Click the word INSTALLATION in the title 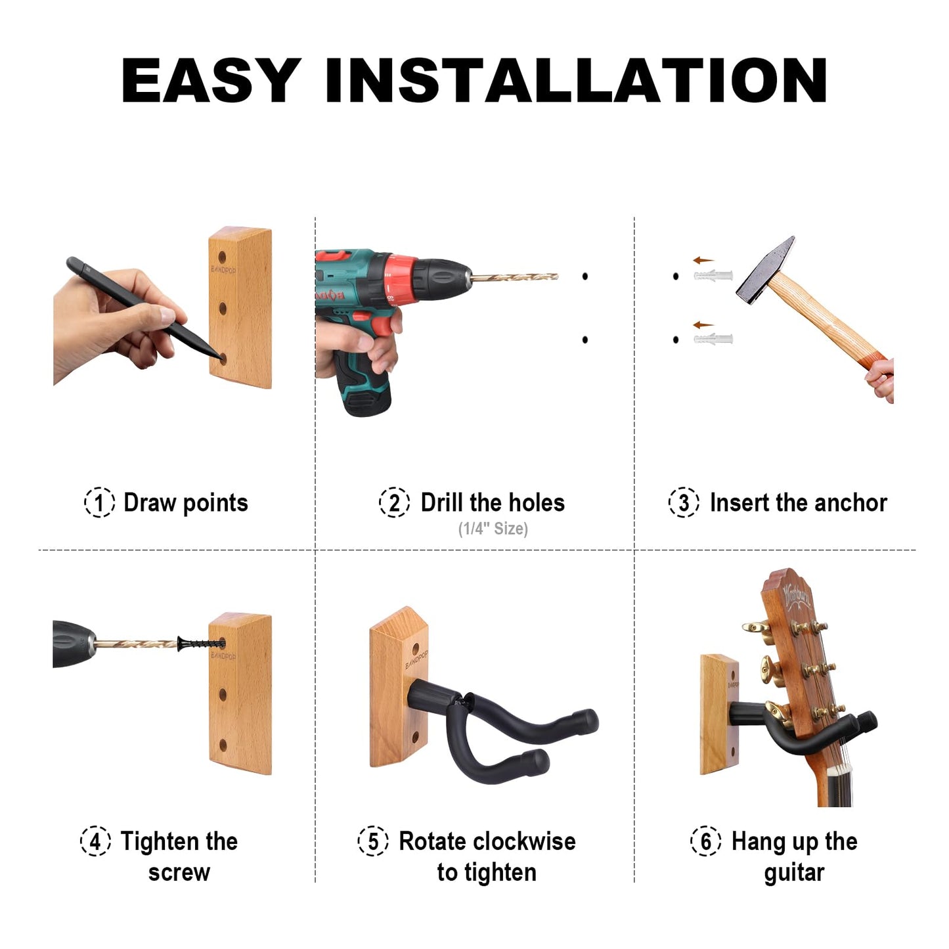pos(576,81)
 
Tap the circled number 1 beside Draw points pos(99,503)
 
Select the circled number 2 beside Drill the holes pos(394,503)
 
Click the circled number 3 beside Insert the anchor pos(684,503)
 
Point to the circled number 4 pos(95,841)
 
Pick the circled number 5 pos(373,841)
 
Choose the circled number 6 pos(706,841)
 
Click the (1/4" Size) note pos(493,529)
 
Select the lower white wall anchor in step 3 pos(713,340)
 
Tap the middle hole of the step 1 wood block pos(223,307)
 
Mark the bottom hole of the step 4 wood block pos(223,745)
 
